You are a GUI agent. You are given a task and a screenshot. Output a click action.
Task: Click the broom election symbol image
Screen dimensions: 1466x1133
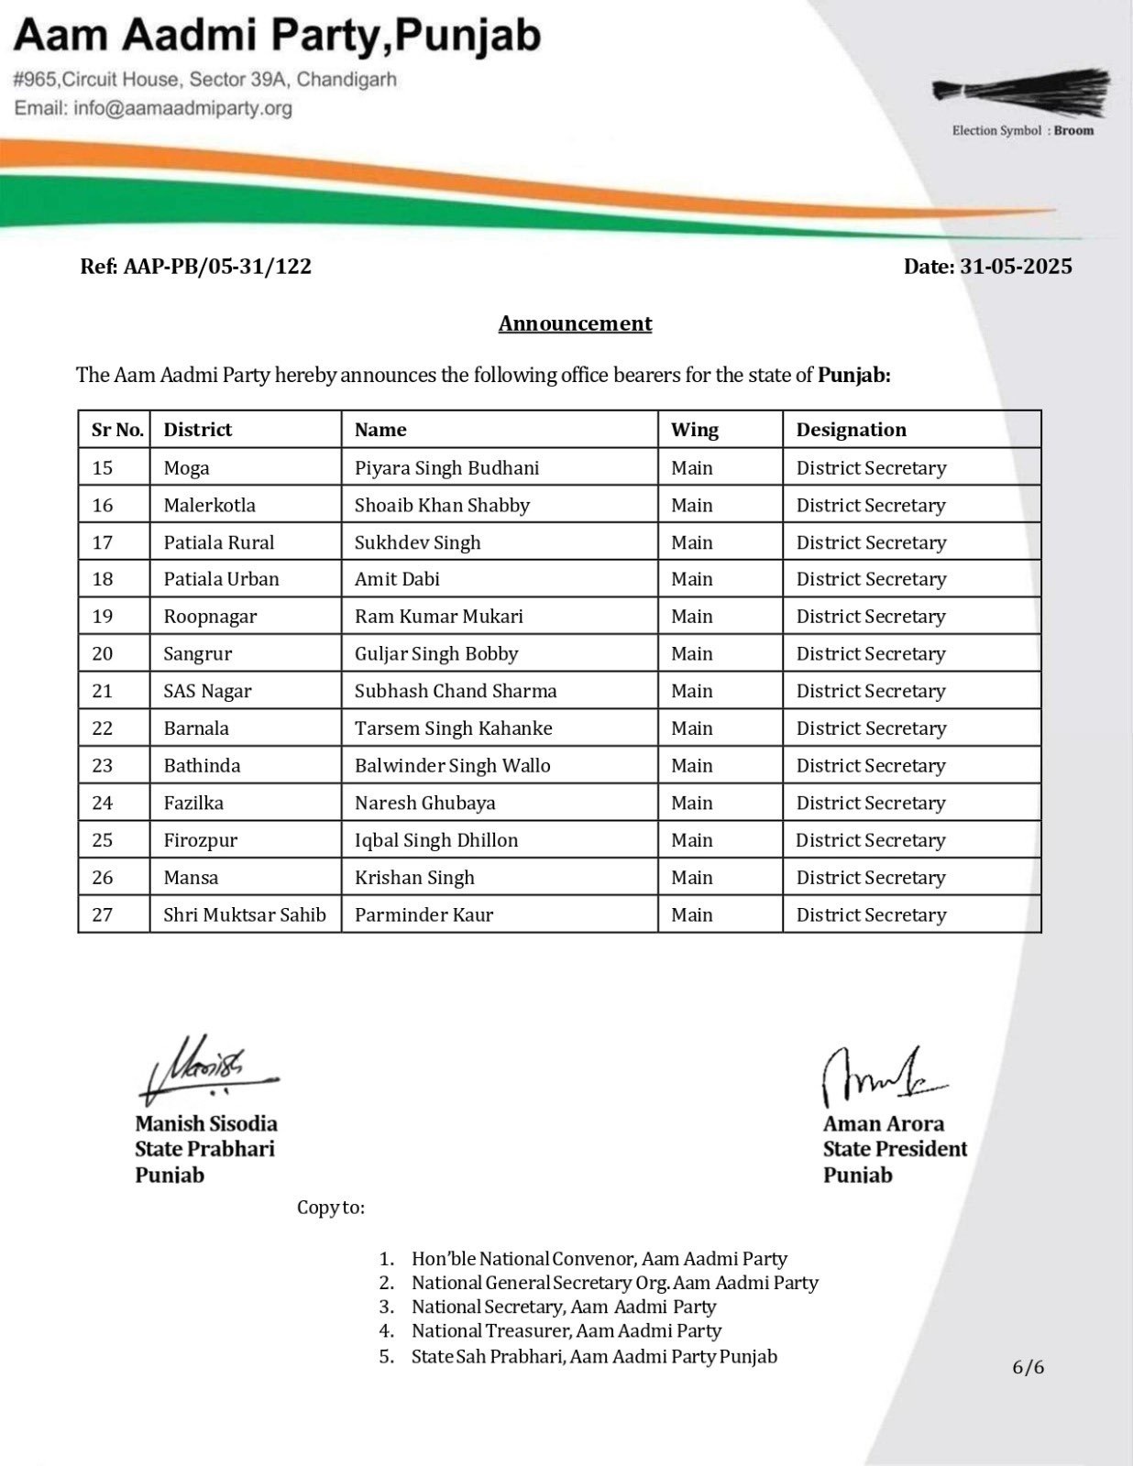[1021, 92]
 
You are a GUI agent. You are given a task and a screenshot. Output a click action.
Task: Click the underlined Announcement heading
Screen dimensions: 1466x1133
[575, 323]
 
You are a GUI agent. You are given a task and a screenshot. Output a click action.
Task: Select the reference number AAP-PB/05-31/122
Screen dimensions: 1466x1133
[217, 267]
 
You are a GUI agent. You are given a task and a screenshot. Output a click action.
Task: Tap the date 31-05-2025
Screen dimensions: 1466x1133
[1015, 267]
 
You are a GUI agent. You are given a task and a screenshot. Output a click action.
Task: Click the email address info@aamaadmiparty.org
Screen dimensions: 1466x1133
[182, 108]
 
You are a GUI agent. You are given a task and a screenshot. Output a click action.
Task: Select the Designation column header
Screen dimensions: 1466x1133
[851, 430]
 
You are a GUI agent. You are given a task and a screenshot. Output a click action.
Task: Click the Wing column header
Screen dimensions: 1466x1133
[694, 430]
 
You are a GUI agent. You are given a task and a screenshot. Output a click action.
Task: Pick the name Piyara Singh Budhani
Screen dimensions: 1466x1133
[446, 468]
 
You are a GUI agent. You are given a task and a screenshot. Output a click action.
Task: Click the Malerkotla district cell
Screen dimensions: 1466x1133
[209, 506]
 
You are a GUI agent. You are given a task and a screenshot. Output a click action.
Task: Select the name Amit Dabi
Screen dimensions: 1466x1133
[397, 579]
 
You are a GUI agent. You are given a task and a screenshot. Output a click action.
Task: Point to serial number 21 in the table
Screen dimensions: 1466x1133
[103, 691]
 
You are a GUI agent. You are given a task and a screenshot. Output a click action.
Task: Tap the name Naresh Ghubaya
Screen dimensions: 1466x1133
[424, 804]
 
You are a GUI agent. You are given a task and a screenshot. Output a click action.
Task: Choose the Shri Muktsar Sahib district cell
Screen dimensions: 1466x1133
[245, 915]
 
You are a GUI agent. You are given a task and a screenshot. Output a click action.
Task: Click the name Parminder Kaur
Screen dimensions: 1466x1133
[423, 915]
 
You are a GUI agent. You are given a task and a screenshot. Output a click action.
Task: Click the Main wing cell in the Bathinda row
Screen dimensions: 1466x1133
[691, 766]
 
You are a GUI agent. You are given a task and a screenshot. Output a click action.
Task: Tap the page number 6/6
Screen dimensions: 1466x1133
[1028, 1368]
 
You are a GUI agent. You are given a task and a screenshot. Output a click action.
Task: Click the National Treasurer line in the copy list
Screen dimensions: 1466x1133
[566, 1331]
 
